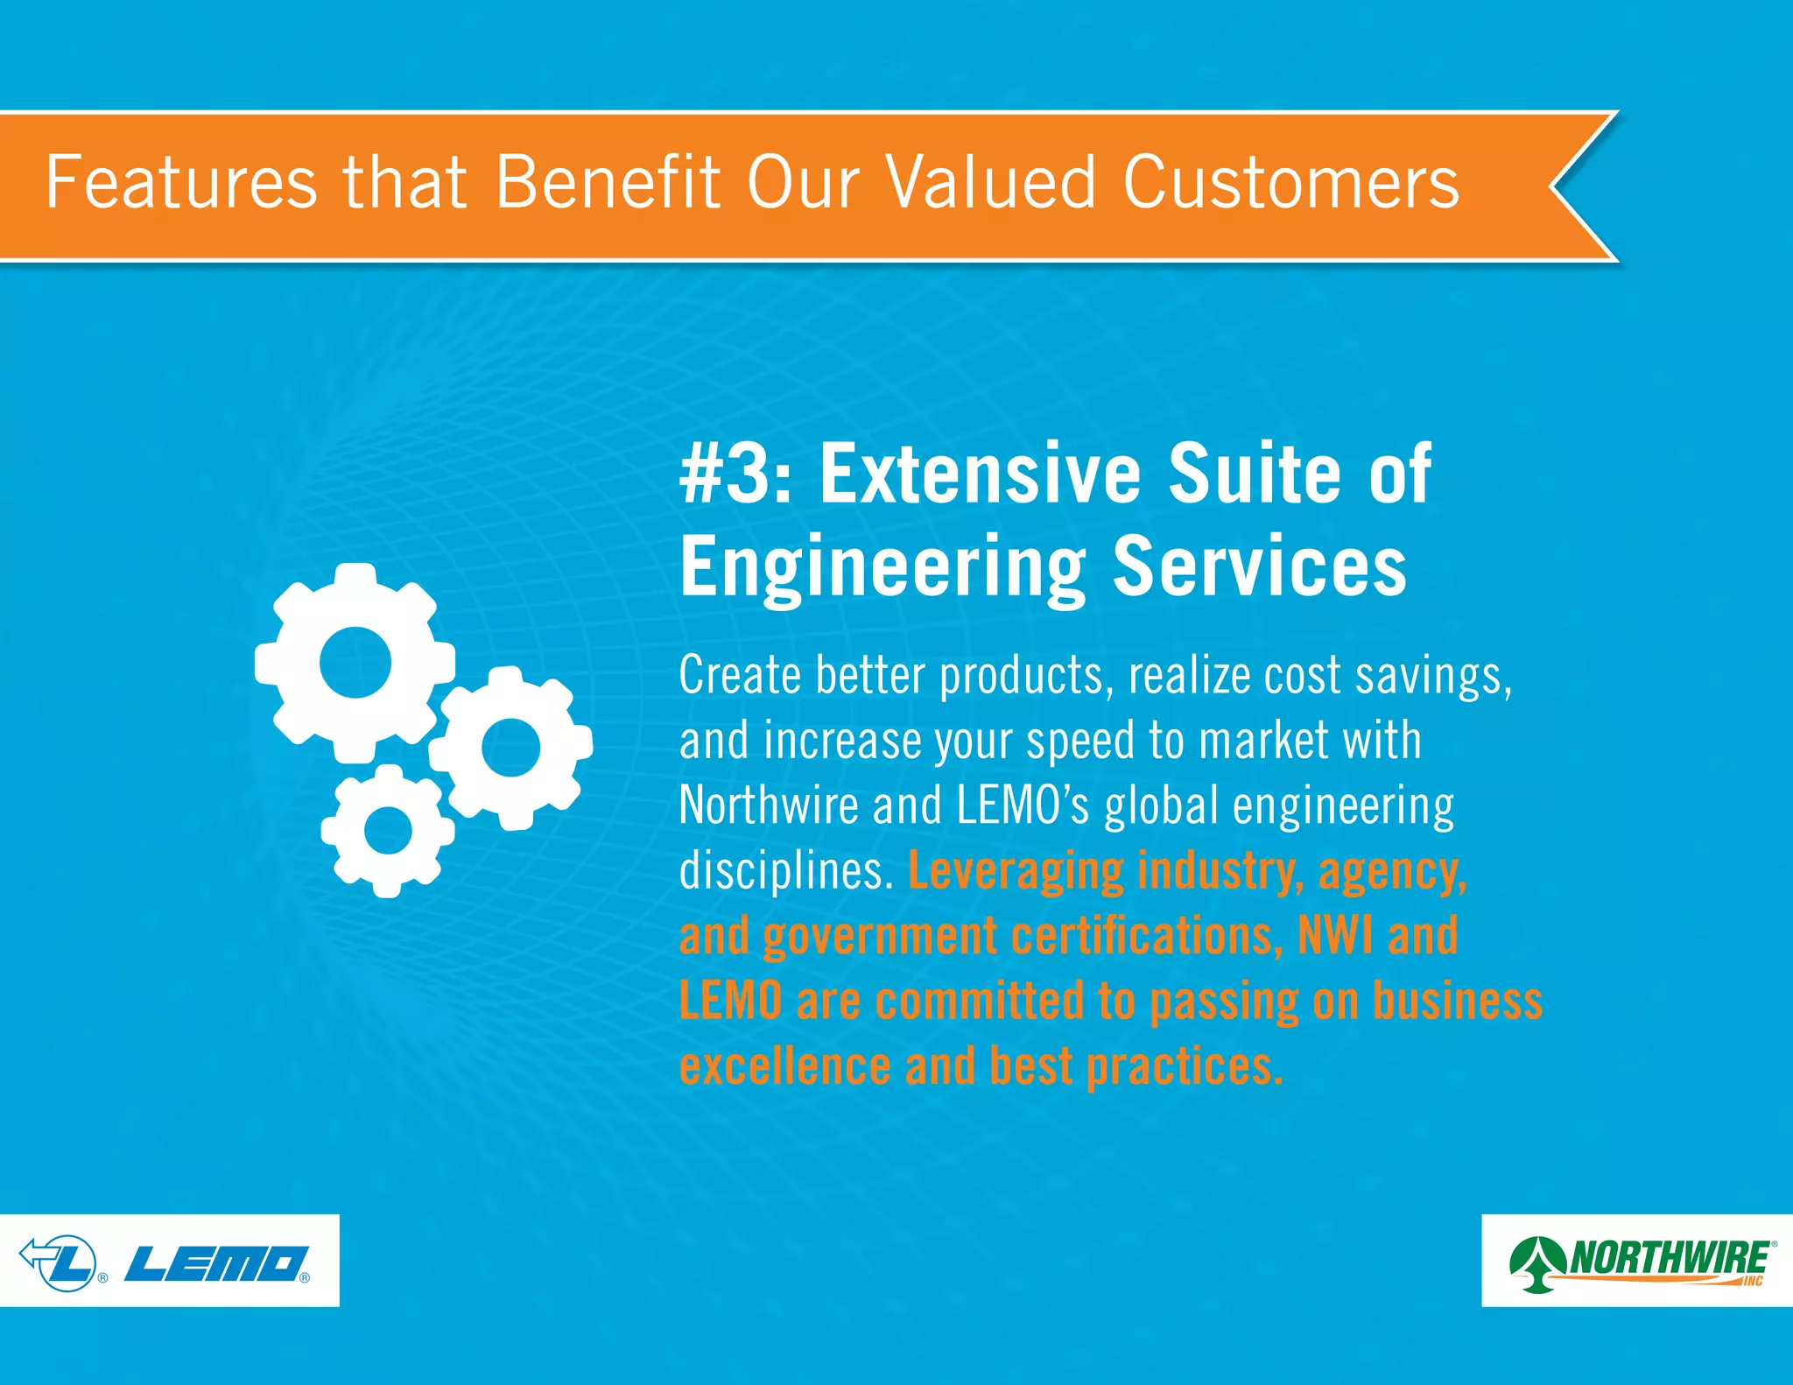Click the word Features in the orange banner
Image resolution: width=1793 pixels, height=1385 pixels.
(181, 182)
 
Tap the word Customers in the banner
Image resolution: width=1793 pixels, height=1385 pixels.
(1290, 182)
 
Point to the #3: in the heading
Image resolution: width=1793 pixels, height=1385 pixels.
(735, 474)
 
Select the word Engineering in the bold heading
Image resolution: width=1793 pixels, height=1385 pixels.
(882, 567)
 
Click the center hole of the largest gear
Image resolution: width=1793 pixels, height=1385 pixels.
(355, 662)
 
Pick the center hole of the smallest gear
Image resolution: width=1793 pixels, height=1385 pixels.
(387, 830)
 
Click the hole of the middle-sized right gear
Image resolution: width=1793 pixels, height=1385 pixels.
(510, 747)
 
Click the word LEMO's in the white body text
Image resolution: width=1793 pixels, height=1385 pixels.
(1022, 805)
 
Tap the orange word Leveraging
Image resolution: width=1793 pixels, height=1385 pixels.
(1015, 871)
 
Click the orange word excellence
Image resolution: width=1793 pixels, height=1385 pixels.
(784, 1066)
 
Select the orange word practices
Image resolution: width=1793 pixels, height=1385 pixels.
(1184, 1066)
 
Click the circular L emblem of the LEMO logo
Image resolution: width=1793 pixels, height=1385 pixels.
(68, 1262)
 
